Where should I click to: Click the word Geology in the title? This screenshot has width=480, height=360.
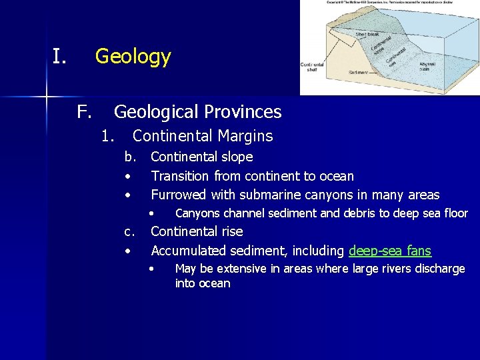pyautogui.click(x=133, y=57)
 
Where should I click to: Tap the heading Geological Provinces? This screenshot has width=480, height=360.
pyautogui.click(x=197, y=111)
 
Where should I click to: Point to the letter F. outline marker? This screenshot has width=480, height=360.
pyautogui.click(x=83, y=111)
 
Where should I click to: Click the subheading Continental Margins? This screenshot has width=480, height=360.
pyautogui.click(x=203, y=136)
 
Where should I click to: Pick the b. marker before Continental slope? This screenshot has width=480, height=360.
pyautogui.click(x=129, y=157)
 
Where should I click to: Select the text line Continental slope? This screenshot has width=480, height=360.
pyautogui.click(x=202, y=157)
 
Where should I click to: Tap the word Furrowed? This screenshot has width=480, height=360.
pyautogui.click(x=179, y=195)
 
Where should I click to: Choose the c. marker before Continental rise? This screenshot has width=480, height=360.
pyautogui.click(x=129, y=231)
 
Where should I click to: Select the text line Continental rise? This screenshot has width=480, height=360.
pyautogui.click(x=197, y=231)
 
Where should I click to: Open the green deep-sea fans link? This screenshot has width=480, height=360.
pyautogui.click(x=390, y=251)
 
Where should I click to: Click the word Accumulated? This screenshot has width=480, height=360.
pyautogui.click(x=189, y=251)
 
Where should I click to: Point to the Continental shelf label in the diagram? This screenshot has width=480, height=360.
pyautogui.click(x=312, y=67)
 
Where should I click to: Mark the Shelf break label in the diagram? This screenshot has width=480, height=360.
pyautogui.click(x=368, y=33)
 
